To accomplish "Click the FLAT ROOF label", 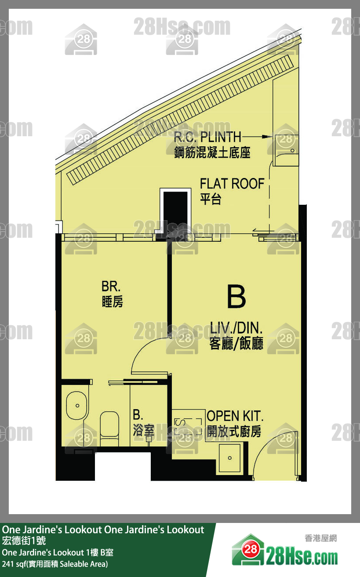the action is [232, 184].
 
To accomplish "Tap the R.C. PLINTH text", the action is [207, 137].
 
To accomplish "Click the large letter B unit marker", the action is [236, 297].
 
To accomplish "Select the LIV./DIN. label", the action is [236, 328].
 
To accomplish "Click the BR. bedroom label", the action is [111, 286].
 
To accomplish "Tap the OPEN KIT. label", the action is [235, 416].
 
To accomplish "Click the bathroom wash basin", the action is [77, 406].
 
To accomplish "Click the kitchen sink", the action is [229, 458].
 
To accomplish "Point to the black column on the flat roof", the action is [175, 211].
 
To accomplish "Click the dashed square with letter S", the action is [188, 427].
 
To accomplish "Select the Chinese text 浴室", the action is [144, 430].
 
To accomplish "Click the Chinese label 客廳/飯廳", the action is [236, 343].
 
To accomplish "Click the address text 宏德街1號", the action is [24, 541].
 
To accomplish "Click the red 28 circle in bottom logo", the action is [251, 549].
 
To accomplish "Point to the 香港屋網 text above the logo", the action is [320, 538].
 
